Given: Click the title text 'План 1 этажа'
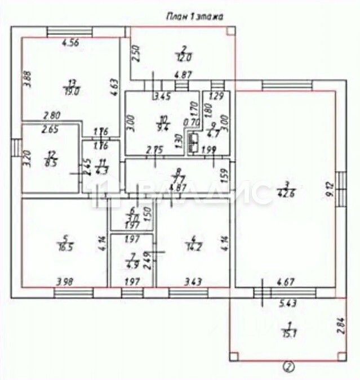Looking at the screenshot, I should tap(194, 17).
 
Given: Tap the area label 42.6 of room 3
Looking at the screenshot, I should tap(288, 196).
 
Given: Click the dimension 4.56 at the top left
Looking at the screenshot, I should tap(70, 42).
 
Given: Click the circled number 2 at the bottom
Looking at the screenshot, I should tap(288, 368).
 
